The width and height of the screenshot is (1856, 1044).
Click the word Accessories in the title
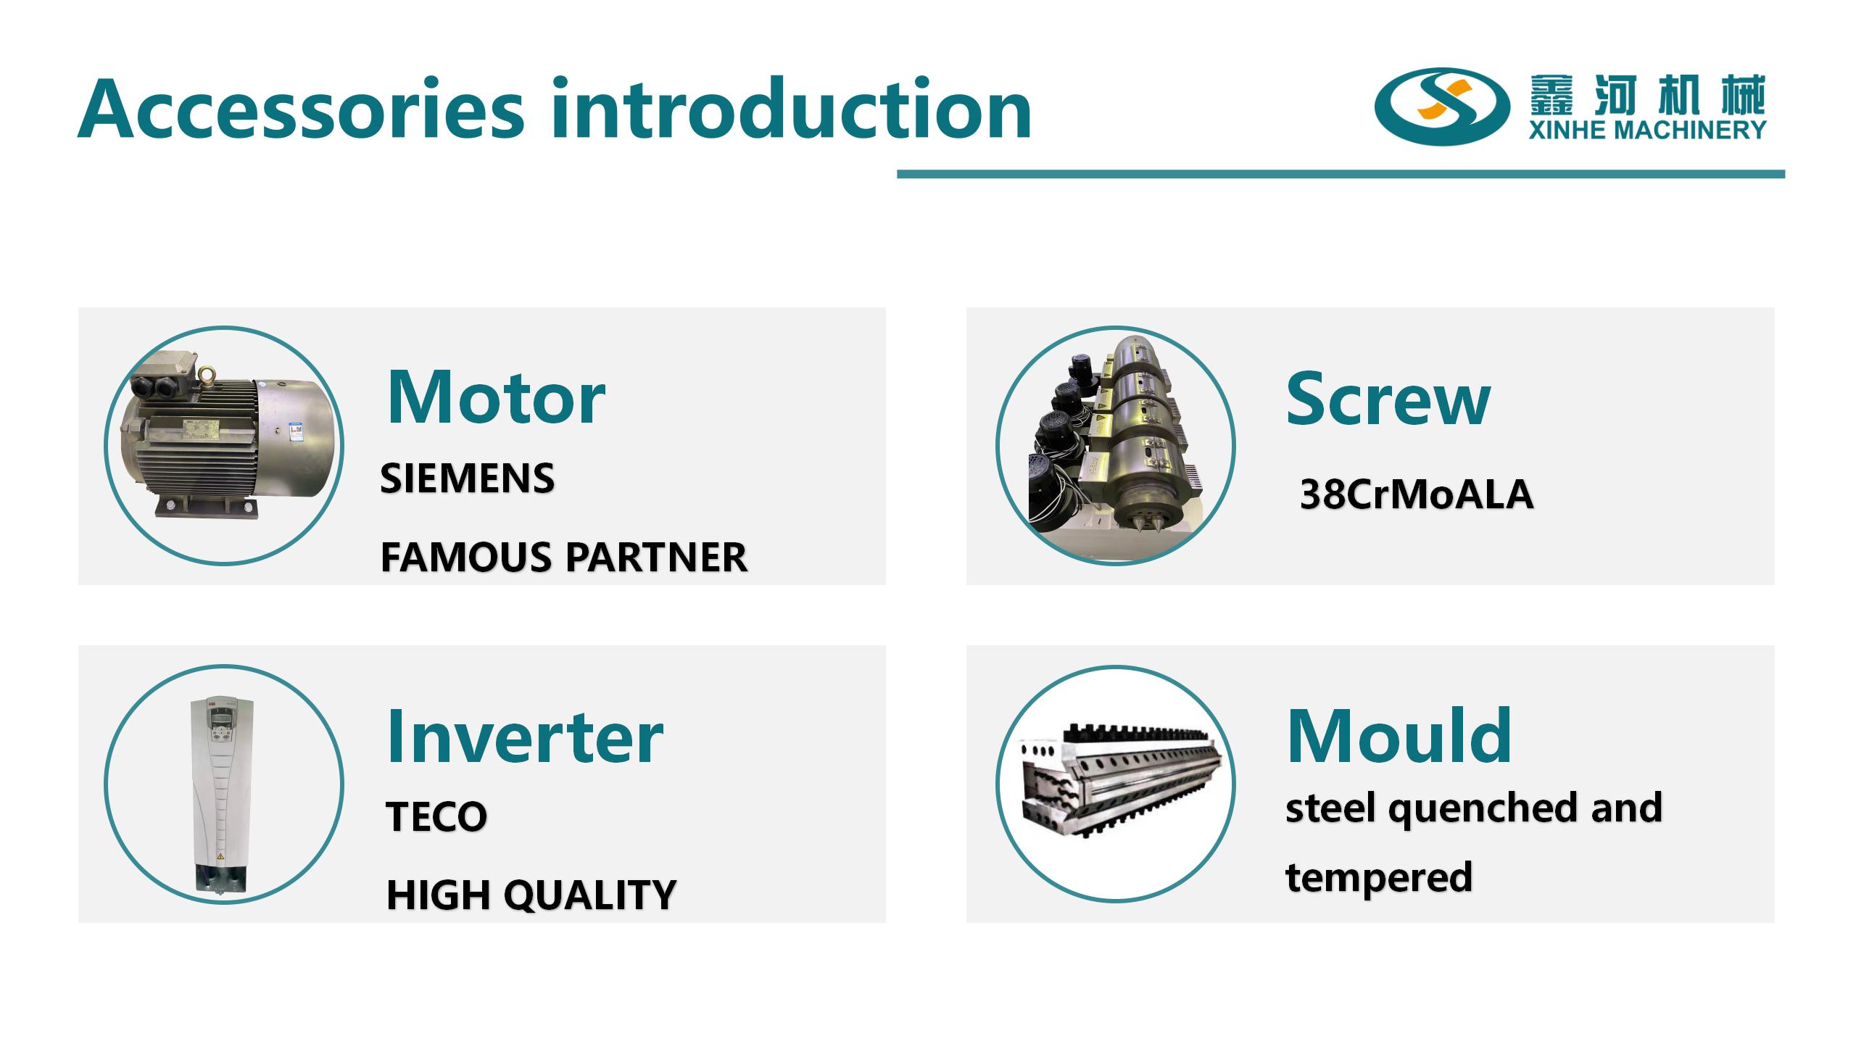tap(300, 109)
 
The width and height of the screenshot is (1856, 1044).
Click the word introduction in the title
tap(791, 108)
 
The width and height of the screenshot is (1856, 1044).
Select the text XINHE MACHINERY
tap(1648, 130)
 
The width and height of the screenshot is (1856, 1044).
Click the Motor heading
tap(496, 397)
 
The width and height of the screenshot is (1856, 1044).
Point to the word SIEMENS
tap(468, 478)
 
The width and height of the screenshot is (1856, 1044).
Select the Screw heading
tap(1388, 399)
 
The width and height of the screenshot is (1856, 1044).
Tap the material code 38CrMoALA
tap(1417, 495)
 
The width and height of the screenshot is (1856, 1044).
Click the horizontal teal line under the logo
tap(1341, 174)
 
